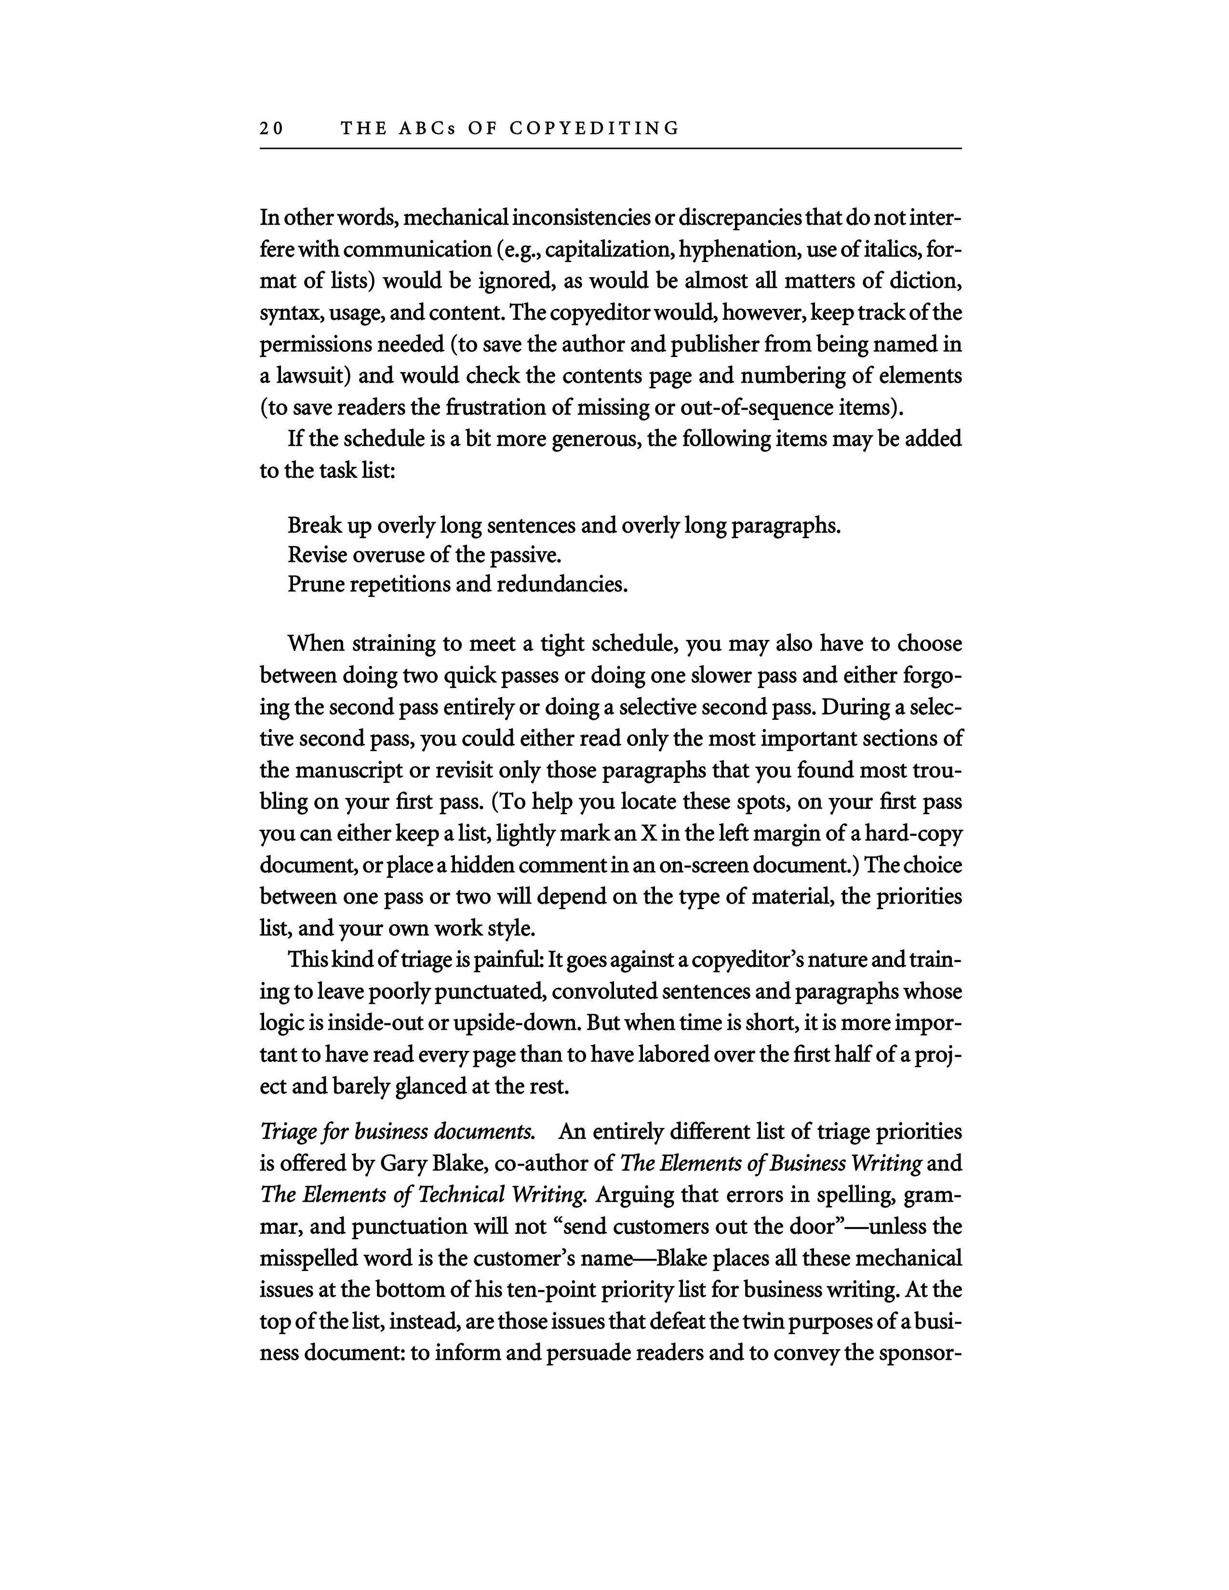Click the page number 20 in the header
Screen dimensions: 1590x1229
pos(271,129)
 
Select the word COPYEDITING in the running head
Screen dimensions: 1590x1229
pos(594,129)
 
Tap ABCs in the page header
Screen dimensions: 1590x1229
pos(426,129)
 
